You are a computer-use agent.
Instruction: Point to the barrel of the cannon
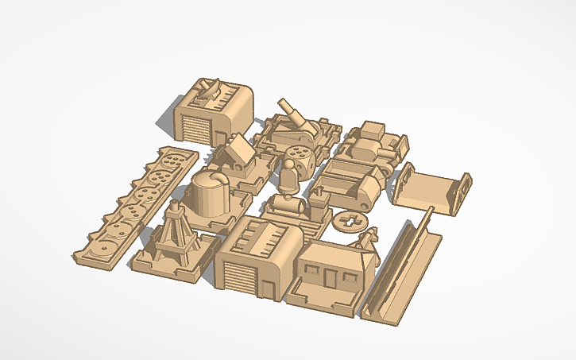(291, 112)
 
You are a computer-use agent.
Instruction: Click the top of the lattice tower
(175, 208)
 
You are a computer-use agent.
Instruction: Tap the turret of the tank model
(372, 132)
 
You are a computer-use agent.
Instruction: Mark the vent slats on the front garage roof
(265, 235)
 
